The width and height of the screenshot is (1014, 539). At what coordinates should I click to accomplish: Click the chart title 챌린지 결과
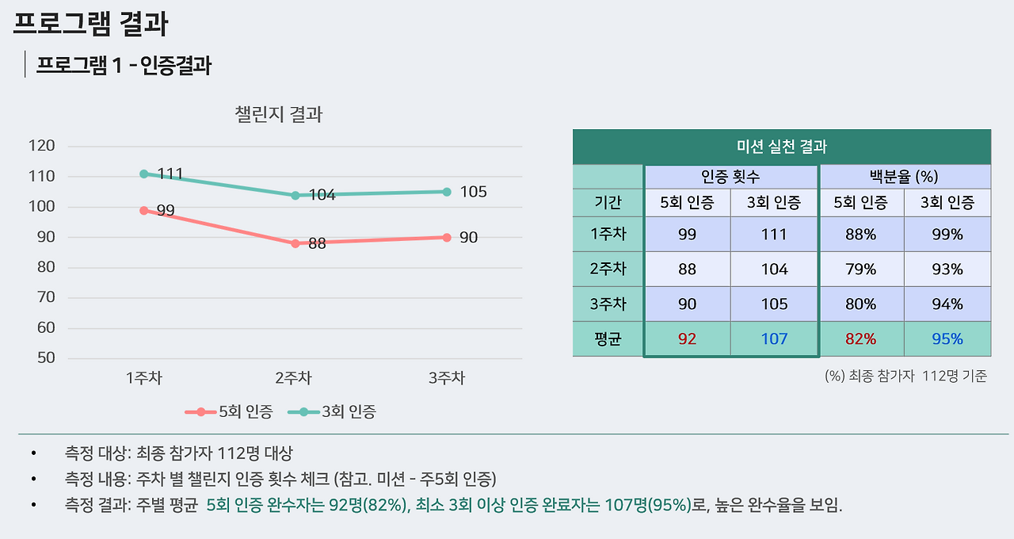[x=279, y=114]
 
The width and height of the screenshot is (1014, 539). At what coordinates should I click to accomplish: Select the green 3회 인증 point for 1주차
[x=144, y=174]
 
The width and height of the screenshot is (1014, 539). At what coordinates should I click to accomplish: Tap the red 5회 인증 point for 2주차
[x=295, y=243]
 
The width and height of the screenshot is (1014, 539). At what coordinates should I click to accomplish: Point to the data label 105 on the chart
[x=474, y=192]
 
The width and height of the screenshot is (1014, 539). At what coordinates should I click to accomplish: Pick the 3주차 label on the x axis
[x=447, y=378]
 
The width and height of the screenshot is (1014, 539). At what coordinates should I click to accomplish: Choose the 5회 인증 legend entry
[x=230, y=411]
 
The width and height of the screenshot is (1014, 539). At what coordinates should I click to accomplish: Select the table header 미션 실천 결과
[x=781, y=147]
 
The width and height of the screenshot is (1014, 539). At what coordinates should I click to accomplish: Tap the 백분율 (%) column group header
[x=904, y=177]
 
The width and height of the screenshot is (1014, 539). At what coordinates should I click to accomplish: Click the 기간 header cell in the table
[x=608, y=202]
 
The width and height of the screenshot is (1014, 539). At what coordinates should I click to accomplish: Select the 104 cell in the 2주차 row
[x=773, y=269]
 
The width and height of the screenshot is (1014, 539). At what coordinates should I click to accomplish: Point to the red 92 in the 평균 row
[x=687, y=339]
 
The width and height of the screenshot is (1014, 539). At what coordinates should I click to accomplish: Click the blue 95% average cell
[x=947, y=339]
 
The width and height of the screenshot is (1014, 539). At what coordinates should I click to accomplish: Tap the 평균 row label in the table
[x=608, y=339]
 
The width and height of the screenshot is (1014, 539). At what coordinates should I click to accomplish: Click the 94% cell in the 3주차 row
[x=947, y=304]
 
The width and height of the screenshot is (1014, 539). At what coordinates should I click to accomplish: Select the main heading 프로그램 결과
[x=90, y=23]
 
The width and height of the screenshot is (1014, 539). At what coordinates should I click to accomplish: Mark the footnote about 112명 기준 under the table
[x=905, y=377]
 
